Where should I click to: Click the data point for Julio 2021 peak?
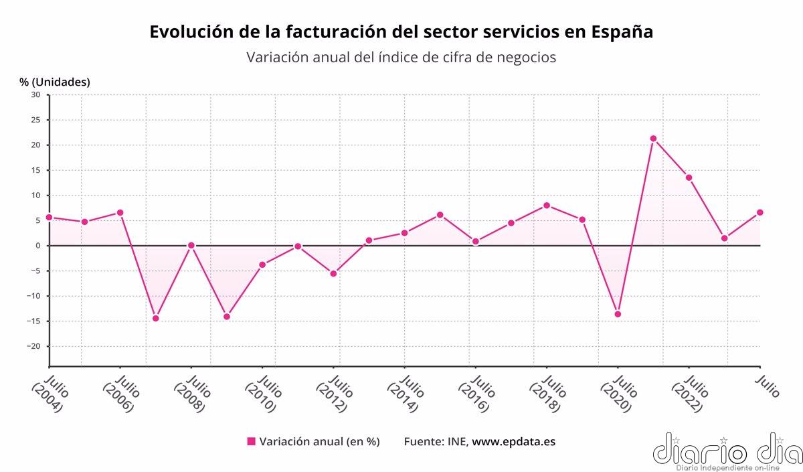tap(653, 139)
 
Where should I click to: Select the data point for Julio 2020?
tap(618, 314)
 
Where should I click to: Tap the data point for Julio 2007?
tap(155, 318)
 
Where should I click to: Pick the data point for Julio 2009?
tap(227, 316)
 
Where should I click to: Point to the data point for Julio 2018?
tap(547, 206)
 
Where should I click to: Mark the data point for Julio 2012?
tap(333, 273)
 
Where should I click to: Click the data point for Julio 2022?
tap(689, 177)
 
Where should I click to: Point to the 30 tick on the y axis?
tap(35, 95)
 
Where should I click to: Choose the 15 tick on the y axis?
tap(35, 170)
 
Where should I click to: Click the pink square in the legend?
tap(252, 441)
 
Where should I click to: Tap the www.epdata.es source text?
tap(514, 441)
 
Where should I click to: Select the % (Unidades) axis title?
tap(55, 82)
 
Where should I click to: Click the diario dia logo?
tap(726, 450)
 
